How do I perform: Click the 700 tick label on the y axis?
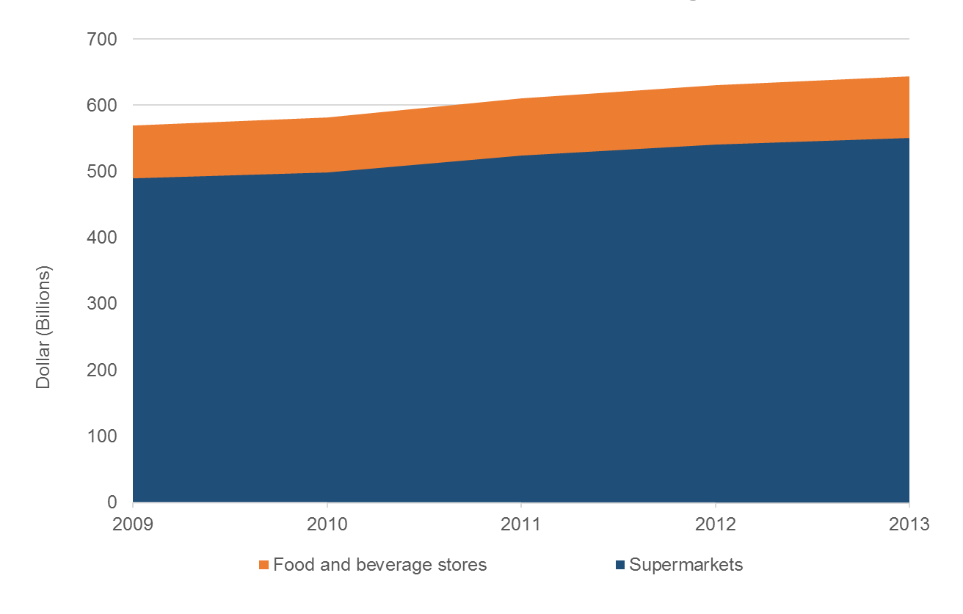tap(103, 39)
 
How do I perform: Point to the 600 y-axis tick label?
tap(103, 105)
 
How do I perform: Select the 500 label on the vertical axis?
tap(103, 171)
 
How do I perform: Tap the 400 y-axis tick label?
tap(103, 238)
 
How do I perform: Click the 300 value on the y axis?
tap(103, 304)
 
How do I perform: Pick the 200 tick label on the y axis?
tap(103, 370)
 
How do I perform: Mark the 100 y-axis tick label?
tap(103, 436)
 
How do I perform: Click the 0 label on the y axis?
tap(113, 502)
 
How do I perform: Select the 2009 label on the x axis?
tap(133, 525)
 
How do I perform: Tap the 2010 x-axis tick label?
tap(327, 525)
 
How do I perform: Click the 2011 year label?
tap(521, 525)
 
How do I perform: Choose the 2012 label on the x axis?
tap(715, 525)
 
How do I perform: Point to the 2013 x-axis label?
tap(909, 525)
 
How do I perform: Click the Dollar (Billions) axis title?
tap(44, 326)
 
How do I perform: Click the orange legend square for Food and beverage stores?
tap(264, 566)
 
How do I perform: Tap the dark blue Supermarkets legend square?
tap(620, 566)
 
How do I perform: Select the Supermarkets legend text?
tap(686, 565)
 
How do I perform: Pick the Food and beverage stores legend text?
tap(379, 565)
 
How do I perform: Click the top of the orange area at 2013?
tap(909, 76)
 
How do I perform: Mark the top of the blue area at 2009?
tap(134, 178)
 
